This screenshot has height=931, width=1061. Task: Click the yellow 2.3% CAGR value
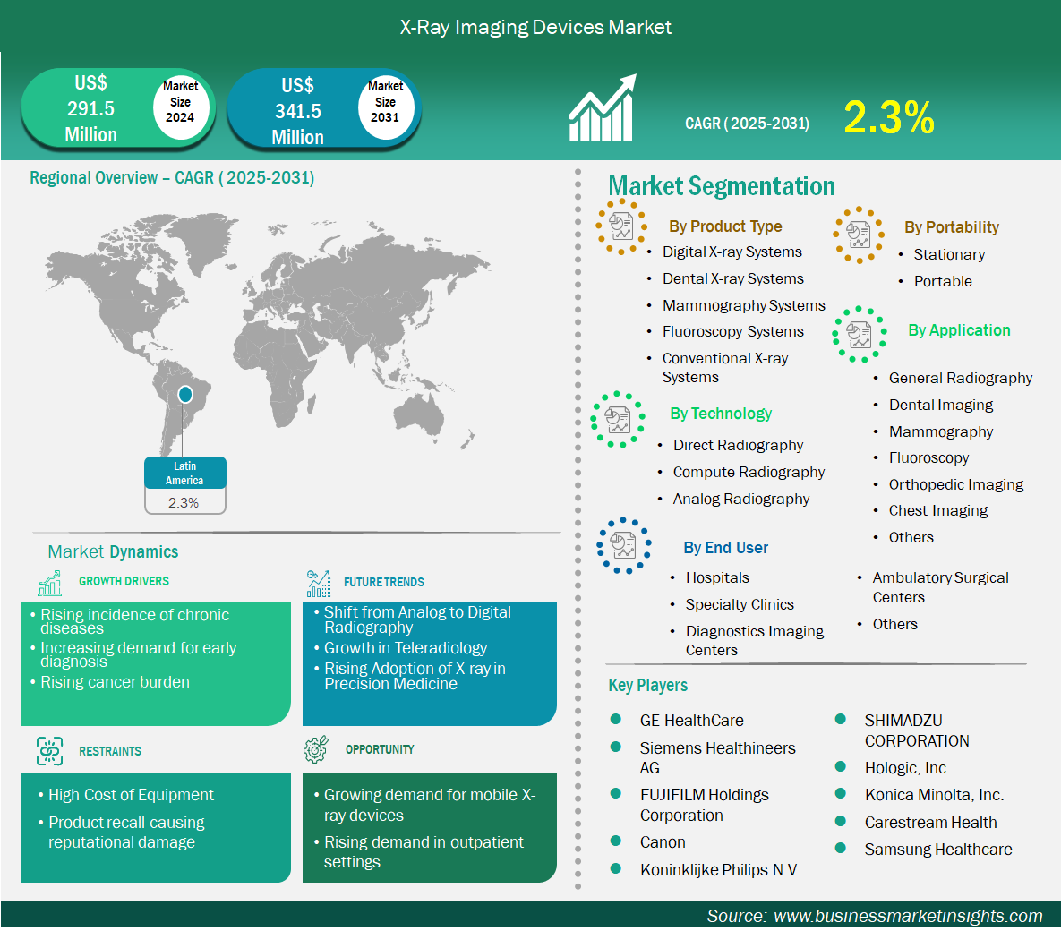pyautogui.click(x=888, y=118)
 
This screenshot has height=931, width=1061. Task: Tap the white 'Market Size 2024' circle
pyautogui.click(x=180, y=102)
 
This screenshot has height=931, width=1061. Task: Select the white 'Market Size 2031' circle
pyautogui.click(x=385, y=102)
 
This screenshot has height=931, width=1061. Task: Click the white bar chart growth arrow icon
pyautogui.click(x=603, y=107)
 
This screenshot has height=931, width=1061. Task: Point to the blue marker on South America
pyautogui.click(x=184, y=394)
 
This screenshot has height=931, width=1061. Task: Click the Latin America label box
pyautogui.click(x=184, y=473)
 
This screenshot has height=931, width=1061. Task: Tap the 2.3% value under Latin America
pyautogui.click(x=184, y=503)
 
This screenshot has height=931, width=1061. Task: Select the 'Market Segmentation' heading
pyautogui.click(x=722, y=186)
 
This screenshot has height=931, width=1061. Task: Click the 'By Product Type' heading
pyautogui.click(x=725, y=226)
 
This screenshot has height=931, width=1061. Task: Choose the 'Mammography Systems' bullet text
pyautogui.click(x=744, y=305)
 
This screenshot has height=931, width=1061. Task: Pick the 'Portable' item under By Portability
pyautogui.click(x=943, y=281)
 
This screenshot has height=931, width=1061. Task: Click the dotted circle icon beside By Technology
pyautogui.click(x=617, y=420)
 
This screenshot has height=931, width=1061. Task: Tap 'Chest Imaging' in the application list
pyautogui.click(x=937, y=511)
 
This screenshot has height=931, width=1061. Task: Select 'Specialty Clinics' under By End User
pyautogui.click(x=740, y=604)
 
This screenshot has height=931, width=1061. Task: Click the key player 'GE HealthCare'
pyautogui.click(x=691, y=720)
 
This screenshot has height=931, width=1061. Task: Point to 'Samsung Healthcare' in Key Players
pyautogui.click(x=937, y=850)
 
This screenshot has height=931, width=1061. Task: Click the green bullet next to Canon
pyautogui.click(x=616, y=841)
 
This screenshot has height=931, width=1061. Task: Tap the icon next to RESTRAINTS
pyautogui.click(x=49, y=751)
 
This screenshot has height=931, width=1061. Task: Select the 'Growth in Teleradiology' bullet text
pyautogui.click(x=406, y=648)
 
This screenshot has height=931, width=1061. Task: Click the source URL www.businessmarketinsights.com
pyautogui.click(x=907, y=916)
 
